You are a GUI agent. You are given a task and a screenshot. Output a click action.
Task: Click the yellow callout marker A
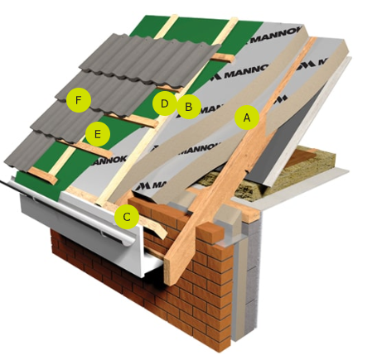click(247, 118)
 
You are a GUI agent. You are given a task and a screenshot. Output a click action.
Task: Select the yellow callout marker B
click(189, 107)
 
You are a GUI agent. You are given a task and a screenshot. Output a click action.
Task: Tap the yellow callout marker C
click(127, 217)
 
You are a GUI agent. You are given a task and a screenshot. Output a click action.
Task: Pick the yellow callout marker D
click(165, 103)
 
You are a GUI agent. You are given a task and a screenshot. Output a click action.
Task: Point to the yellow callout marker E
click(98, 134)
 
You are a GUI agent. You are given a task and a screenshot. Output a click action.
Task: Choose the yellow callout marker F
click(79, 100)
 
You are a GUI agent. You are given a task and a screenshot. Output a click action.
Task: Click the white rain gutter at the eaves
click(83, 221)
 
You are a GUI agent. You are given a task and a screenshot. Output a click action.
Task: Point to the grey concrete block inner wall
click(254, 276)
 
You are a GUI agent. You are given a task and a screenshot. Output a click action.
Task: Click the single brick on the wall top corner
click(211, 233)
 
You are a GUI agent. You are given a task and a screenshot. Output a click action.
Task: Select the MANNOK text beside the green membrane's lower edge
click(109, 161)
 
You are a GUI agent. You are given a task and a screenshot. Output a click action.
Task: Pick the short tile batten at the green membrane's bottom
click(43, 175)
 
